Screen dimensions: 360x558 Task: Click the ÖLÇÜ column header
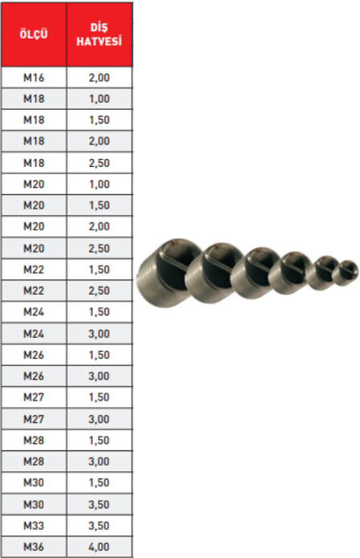[34, 35]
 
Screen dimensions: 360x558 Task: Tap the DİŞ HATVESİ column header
[99, 35]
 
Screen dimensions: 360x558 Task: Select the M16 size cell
[34, 78]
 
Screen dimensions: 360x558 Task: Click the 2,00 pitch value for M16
[99, 78]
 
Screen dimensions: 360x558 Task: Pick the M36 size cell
[34, 547]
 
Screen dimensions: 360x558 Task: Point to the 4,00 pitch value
[99, 547]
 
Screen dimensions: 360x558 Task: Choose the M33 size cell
[34, 526]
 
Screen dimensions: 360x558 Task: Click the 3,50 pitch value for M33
[99, 526]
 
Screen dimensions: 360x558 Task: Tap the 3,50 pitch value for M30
[99, 504]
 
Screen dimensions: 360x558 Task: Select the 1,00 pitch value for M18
[99, 99]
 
